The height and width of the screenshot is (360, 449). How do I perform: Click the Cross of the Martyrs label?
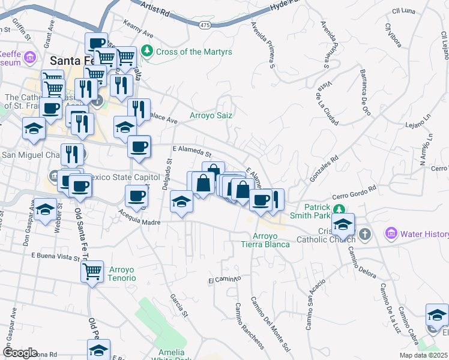coord(185,52)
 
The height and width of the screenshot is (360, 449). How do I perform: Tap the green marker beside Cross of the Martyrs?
coord(148,52)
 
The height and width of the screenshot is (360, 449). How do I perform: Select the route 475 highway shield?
coord(205,24)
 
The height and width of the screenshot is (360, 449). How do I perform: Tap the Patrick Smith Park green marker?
coord(340,209)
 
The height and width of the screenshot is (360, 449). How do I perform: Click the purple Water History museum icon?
coord(391,232)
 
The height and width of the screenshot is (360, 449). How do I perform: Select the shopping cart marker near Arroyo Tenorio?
coord(92,271)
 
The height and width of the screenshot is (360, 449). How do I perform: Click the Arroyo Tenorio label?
coord(122,274)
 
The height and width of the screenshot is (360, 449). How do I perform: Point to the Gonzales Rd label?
coord(324,169)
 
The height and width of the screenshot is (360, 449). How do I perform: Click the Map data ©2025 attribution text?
coord(422,355)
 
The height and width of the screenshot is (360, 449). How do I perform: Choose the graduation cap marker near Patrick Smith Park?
coord(343,225)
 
